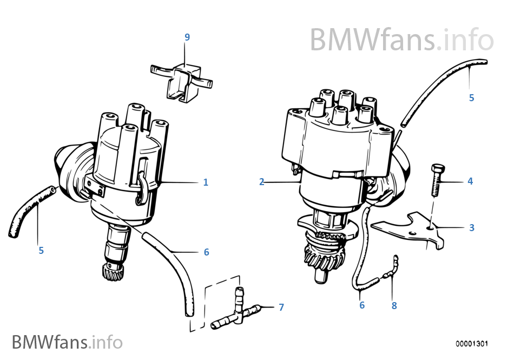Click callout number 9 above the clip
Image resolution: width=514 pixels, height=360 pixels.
point(187,37)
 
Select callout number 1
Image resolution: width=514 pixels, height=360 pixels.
point(206,182)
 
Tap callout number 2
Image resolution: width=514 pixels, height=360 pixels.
point(261,182)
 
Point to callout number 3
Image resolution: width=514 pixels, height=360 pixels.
point(471,228)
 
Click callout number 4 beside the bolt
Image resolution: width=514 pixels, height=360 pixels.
point(470,181)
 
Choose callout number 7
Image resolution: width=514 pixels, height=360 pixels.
point(281,307)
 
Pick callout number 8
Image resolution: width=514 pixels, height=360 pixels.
point(394,306)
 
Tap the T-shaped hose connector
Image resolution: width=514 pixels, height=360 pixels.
point(236,311)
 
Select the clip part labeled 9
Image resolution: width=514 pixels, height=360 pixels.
point(181,81)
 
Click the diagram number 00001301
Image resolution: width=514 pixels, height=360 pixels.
point(471,344)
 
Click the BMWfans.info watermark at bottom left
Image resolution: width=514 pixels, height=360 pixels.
point(67,342)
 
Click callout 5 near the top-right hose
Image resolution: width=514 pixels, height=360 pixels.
point(471,98)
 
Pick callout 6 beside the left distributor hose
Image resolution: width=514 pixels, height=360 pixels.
point(206,252)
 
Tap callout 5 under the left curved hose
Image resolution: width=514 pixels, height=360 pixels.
point(41,251)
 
